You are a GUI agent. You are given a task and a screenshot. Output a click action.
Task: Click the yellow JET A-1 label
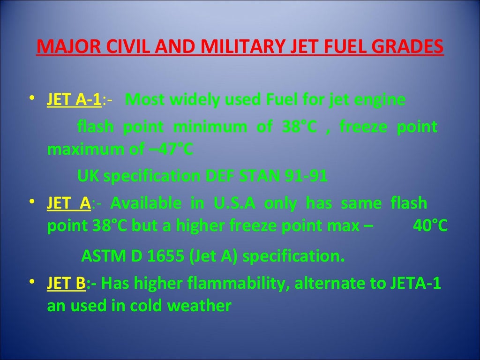[74, 100]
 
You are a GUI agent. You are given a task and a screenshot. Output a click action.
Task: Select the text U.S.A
[235, 203]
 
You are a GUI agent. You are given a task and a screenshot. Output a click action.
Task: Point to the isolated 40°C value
[430, 226]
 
